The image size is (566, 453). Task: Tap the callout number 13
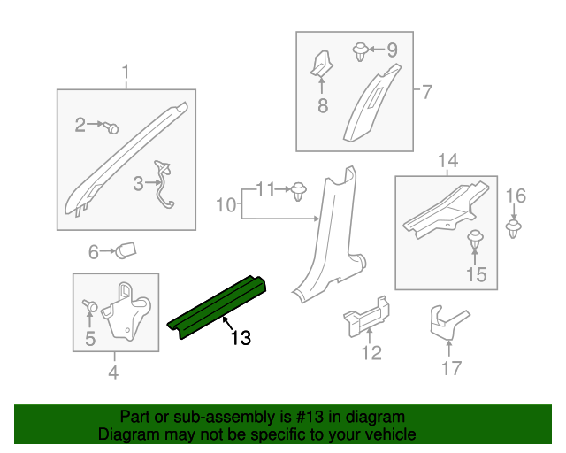coord(241,338)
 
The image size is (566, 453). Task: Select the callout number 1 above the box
coord(125,71)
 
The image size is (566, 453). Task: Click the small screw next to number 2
coord(111,127)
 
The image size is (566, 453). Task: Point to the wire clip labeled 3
coord(163,186)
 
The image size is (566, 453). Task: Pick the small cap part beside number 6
coord(125,251)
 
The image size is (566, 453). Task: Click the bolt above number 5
coord(89,306)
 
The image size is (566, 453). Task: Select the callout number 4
coord(113,372)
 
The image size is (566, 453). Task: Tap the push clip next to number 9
coord(361,50)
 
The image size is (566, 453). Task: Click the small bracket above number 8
coord(321,64)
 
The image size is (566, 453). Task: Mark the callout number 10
coord(226,205)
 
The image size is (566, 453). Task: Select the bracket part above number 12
coord(367,316)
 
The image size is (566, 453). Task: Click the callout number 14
coord(447,160)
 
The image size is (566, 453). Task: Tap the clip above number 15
coord(476,240)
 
